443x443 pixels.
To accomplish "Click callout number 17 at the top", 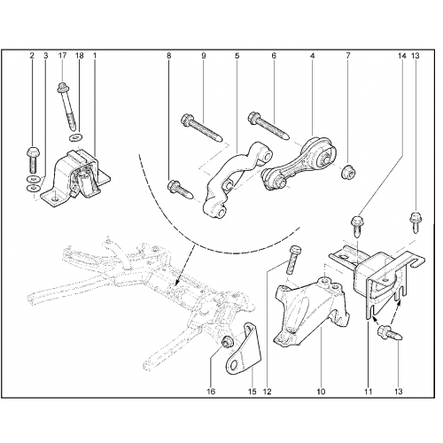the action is point(62,56).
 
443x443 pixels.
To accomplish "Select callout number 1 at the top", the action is point(95,56).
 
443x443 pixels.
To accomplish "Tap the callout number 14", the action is point(402,56).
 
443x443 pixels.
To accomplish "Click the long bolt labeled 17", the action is point(67,106).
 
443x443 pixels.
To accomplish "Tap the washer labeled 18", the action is point(75,137).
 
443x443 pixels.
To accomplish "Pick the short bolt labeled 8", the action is point(180,190).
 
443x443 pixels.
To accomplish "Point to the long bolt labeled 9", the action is point(201,127).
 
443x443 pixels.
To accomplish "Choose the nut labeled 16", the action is point(228,341).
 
